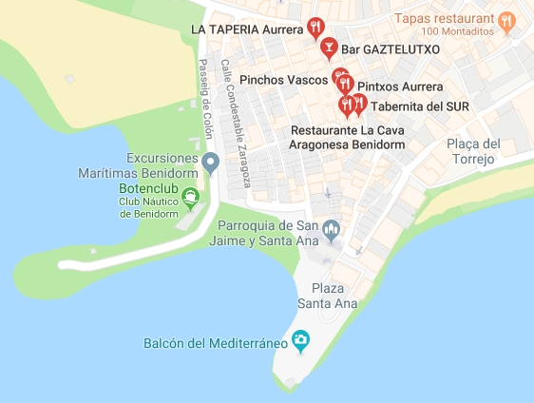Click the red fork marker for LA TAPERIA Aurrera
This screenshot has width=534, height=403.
pos(315,27)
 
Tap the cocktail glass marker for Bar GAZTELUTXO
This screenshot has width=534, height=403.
pos(328,47)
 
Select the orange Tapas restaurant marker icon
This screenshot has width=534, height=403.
pos(508,20)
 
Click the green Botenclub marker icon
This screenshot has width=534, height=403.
pos(191,197)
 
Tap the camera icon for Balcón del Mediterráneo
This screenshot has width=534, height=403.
pos(300,339)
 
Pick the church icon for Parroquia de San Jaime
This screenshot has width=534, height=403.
pos(332,227)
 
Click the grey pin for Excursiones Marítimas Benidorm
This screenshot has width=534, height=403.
pos(212,162)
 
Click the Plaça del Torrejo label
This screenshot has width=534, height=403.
pos(473,151)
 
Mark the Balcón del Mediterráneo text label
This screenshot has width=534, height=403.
pos(216,343)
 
